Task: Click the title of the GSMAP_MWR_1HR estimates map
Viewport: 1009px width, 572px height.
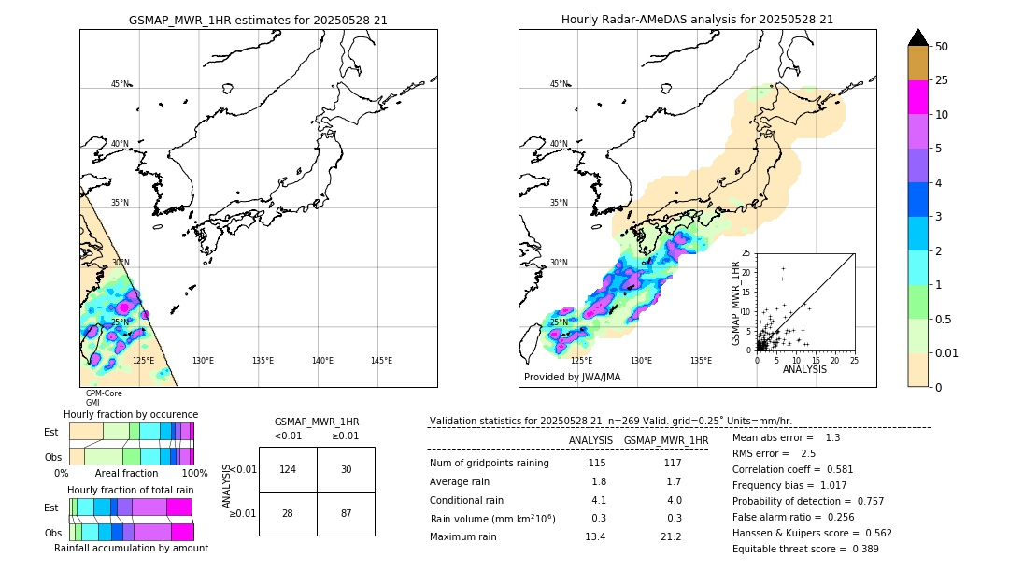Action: pos(258,20)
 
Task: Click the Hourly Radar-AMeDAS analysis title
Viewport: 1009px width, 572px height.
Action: pos(697,20)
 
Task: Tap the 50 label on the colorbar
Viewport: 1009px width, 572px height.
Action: pos(942,47)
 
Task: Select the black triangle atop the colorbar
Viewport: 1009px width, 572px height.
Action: pos(918,37)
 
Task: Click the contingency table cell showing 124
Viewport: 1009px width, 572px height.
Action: pos(288,469)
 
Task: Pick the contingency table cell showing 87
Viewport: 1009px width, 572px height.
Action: pos(346,514)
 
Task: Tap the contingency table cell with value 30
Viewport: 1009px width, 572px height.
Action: pos(346,469)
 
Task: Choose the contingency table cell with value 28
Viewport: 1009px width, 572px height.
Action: pos(288,514)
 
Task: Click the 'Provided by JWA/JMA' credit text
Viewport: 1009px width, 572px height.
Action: pos(572,377)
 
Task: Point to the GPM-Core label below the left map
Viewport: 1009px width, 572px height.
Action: pos(104,393)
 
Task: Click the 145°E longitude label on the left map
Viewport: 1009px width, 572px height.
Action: pos(381,361)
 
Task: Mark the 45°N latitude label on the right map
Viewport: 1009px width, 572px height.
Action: pos(558,84)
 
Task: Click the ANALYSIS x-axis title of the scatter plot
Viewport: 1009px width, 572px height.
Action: pos(804,369)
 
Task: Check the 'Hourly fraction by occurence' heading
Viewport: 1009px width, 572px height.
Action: pos(131,414)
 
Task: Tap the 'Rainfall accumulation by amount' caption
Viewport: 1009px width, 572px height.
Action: pos(131,548)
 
